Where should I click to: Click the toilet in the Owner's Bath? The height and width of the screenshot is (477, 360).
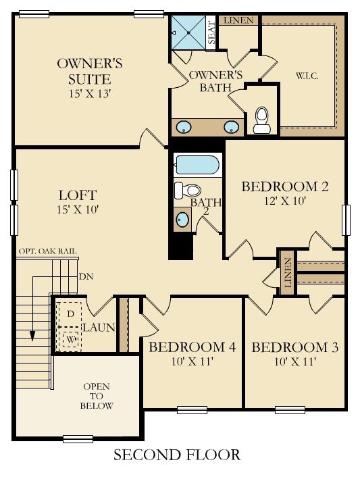pyautogui.click(x=262, y=120)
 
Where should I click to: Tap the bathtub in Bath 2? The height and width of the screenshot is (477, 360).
pyautogui.click(x=197, y=165)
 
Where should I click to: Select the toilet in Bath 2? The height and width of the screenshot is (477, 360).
pyautogui.click(x=188, y=190)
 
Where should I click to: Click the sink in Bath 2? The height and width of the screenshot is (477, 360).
pyautogui.click(x=182, y=219)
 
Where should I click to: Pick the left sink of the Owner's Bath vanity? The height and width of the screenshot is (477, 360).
pyautogui.click(x=183, y=126)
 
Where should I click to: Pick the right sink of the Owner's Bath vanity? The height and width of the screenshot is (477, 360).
pyautogui.click(x=232, y=126)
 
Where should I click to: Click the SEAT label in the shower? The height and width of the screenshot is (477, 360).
pyautogui.click(x=211, y=32)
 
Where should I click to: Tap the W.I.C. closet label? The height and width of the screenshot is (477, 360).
pyautogui.click(x=307, y=76)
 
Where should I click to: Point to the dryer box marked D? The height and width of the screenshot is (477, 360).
pyautogui.click(x=70, y=313)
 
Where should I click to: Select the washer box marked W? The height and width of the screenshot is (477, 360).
pyautogui.click(x=71, y=339)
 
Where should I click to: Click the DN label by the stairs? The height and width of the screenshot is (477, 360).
pyautogui.click(x=86, y=276)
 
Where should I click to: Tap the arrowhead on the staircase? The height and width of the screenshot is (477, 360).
pyautogui.click(x=32, y=336)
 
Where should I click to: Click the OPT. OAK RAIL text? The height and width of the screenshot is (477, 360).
pyautogui.click(x=47, y=251)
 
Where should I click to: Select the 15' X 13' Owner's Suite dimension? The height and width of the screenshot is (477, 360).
pyautogui.click(x=89, y=93)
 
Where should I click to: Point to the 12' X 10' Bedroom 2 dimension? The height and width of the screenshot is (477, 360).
pyautogui.click(x=285, y=201)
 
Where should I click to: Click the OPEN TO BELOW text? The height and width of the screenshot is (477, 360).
pyautogui.click(x=97, y=396)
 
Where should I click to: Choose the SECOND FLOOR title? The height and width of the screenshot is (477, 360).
pyautogui.click(x=177, y=455)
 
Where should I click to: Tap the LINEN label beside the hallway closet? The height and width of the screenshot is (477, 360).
pyautogui.click(x=288, y=272)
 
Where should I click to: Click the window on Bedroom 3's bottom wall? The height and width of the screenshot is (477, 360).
pyautogui.click(x=290, y=409)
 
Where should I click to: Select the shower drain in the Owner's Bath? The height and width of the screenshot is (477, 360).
pyautogui.click(x=188, y=32)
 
